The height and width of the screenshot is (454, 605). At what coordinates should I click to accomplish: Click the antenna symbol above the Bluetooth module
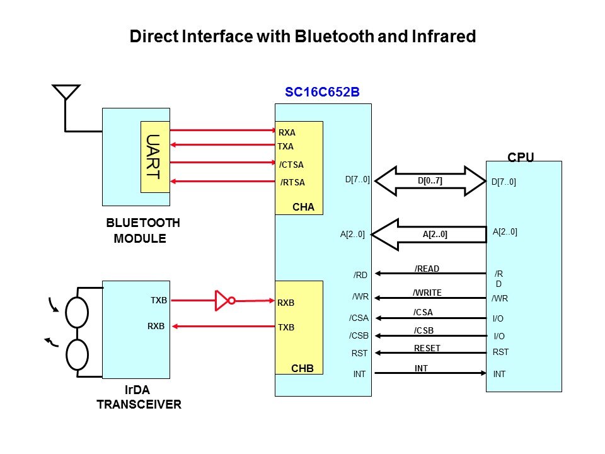pyautogui.click(x=66, y=93)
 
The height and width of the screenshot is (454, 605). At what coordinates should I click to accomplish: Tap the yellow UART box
pyautogui.click(x=154, y=156)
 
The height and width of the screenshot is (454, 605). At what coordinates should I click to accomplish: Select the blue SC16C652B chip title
pyautogui.click(x=322, y=92)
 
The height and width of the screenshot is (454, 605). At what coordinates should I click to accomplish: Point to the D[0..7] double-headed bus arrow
pyautogui.click(x=430, y=181)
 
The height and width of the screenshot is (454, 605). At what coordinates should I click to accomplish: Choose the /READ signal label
pyautogui.click(x=427, y=269)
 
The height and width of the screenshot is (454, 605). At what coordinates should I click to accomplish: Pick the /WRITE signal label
pyautogui.click(x=427, y=293)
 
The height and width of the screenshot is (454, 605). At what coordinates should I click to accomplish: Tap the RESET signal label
pyautogui.click(x=427, y=348)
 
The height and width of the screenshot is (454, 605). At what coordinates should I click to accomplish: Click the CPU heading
pyautogui.click(x=521, y=157)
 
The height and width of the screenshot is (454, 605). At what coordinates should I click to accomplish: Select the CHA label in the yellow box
pyautogui.click(x=303, y=207)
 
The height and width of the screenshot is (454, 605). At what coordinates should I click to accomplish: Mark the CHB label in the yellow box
pyautogui.click(x=302, y=368)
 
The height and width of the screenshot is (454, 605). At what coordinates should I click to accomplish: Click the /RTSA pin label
pyautogui.click(x=292, y=183)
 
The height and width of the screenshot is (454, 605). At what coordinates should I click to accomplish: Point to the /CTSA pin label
pyautogui.click(x=291, y=165)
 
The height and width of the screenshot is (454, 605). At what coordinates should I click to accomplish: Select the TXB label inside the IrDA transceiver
pyautogui.click(x=159, y=300)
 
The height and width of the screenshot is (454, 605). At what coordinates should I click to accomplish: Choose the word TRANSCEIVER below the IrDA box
pyautogui.click(x=139, y=405)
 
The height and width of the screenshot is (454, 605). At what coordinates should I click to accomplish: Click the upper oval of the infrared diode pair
pyautogui.click(x=78, y=312)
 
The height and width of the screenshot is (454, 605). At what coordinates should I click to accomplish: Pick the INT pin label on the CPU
pyautogui.click(x=499, y=374)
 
